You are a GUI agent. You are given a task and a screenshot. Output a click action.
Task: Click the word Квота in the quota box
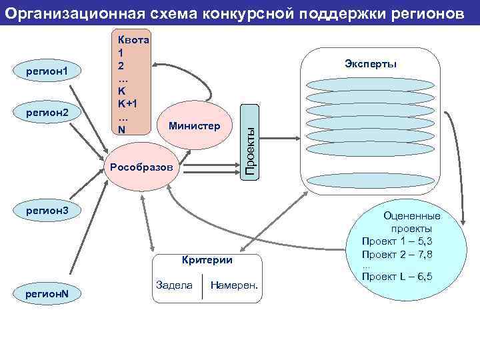(133, 39)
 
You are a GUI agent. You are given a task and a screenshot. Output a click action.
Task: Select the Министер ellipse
(193, 125)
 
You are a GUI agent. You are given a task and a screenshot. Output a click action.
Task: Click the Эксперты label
(371, 63)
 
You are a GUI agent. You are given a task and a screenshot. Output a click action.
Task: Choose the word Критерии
(207, 260)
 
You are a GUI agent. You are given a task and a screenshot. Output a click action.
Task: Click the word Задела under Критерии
(173, 285)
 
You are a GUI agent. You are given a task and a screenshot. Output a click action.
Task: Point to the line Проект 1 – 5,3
(397, 241)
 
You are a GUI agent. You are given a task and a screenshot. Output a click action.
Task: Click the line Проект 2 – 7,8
(397, 254)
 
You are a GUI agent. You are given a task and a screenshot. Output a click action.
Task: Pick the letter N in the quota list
(121, 129)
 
